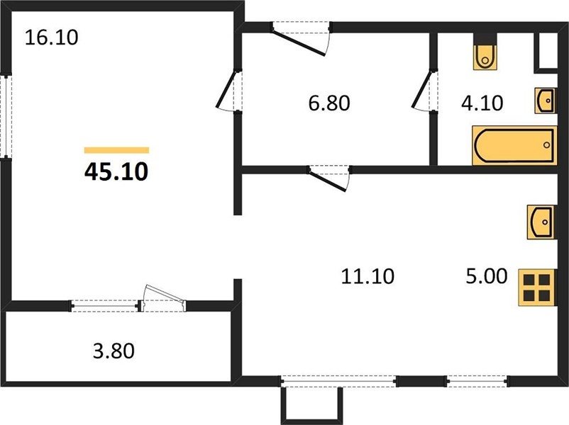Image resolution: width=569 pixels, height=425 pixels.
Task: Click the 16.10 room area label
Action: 51,38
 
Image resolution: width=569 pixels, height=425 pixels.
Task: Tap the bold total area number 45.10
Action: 116,171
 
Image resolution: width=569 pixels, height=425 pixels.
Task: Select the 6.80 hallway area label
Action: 329,103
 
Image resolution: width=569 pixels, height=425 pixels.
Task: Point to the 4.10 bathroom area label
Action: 482,103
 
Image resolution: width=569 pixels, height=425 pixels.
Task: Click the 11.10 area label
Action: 368,276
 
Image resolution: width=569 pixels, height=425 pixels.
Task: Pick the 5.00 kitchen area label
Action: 487,276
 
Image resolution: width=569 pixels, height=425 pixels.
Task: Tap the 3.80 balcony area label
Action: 114,351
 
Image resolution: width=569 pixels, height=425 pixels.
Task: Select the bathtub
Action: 514,145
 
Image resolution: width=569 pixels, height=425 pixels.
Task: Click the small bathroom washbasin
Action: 546,101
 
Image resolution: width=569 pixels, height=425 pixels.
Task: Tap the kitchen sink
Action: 541,222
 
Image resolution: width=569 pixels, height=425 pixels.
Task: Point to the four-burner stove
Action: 536,288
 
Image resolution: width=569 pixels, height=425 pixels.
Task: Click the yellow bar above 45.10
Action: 116,150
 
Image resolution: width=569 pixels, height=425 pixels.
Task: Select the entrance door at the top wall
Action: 301,38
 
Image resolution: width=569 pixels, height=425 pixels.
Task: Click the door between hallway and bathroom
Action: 424,90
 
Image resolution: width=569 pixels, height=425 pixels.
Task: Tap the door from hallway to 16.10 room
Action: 228,90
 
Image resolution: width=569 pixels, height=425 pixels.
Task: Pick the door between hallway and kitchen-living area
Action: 328,178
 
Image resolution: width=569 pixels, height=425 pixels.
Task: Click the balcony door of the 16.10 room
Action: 162,298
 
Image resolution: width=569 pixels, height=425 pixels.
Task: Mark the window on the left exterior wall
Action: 6,116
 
